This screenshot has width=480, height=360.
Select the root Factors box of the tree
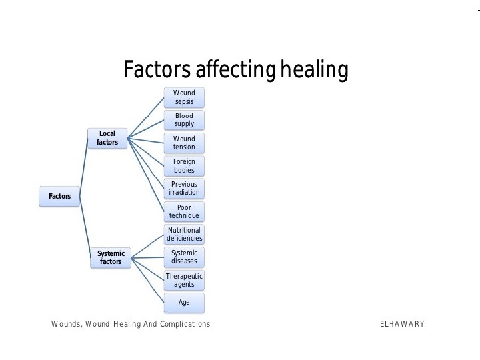60,196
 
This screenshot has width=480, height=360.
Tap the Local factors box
107,138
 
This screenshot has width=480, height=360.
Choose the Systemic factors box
111,258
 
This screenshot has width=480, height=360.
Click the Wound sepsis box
184,97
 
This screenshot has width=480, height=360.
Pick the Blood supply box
184,120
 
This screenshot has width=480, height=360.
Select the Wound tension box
184,143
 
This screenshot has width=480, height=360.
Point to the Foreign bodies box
184,166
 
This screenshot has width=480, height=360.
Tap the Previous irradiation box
184,189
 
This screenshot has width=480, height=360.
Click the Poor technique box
184,211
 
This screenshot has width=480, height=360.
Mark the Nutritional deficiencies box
184,234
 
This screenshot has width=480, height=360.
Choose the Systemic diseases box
184,257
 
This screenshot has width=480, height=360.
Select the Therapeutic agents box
184,279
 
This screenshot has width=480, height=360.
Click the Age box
184,302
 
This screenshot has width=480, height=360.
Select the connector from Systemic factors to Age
148,281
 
